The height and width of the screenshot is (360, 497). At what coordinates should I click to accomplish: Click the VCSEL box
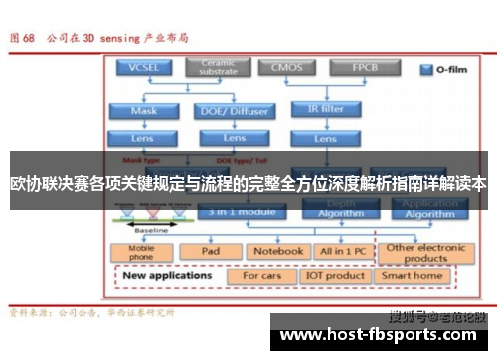tap(144, 68)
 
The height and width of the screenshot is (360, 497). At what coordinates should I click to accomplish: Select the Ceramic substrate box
tap(219, 68)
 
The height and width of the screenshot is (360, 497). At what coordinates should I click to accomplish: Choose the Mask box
tap(144, 111)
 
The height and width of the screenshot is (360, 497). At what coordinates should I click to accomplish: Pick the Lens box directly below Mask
tap(144, 138)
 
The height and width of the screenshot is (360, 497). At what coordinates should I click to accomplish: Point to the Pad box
tap(210, 252)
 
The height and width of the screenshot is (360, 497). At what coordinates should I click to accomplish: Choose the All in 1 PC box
tap(340, 252)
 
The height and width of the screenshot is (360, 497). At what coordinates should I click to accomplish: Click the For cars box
tap(262, 275)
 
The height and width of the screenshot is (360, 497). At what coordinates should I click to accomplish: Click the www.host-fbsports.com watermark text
tap(383, 337)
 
